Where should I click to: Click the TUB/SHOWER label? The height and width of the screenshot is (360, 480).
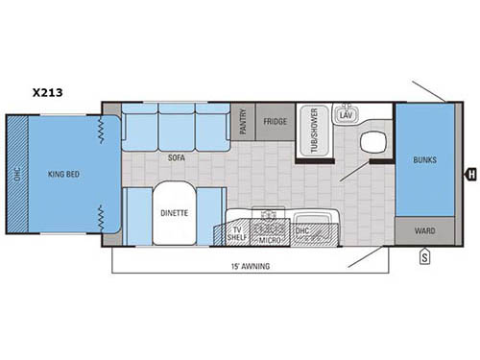pos(312,131)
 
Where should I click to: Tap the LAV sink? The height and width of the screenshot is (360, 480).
pos(346,116)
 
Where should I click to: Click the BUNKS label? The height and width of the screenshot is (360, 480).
pos(425,159)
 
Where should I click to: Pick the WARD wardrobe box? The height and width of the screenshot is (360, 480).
pos(425,230)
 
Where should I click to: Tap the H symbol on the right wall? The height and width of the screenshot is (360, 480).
pos(470,174)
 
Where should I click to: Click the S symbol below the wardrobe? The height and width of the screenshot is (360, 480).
pos(423,255)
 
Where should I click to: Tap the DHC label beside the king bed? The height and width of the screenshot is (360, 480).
pos(15,175)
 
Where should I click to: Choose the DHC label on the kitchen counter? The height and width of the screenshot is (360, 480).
pos(300,231)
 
